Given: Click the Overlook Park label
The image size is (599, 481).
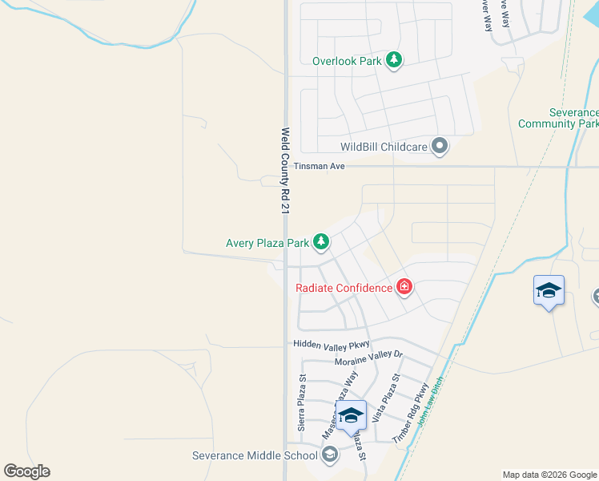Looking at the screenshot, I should tap(346, 60).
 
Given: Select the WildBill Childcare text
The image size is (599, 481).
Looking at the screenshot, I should tap(384, 147).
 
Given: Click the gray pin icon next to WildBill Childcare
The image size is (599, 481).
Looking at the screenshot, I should tap(440, 146).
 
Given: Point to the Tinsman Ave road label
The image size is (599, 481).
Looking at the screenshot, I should tap(319, 167).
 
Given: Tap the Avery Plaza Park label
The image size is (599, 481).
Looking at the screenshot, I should tap(267, 241).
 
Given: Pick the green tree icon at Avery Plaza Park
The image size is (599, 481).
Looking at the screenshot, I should tap(321, 240).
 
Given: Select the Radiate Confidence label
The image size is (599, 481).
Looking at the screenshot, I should tap(344, 288).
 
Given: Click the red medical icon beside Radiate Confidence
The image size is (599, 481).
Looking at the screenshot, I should tap(404, 287).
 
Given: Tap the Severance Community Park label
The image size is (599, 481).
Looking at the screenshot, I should tap(557, 119).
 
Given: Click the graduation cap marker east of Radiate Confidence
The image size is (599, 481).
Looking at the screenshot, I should tap(549, 291).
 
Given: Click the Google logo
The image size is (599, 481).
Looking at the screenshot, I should tap(26, 471).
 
